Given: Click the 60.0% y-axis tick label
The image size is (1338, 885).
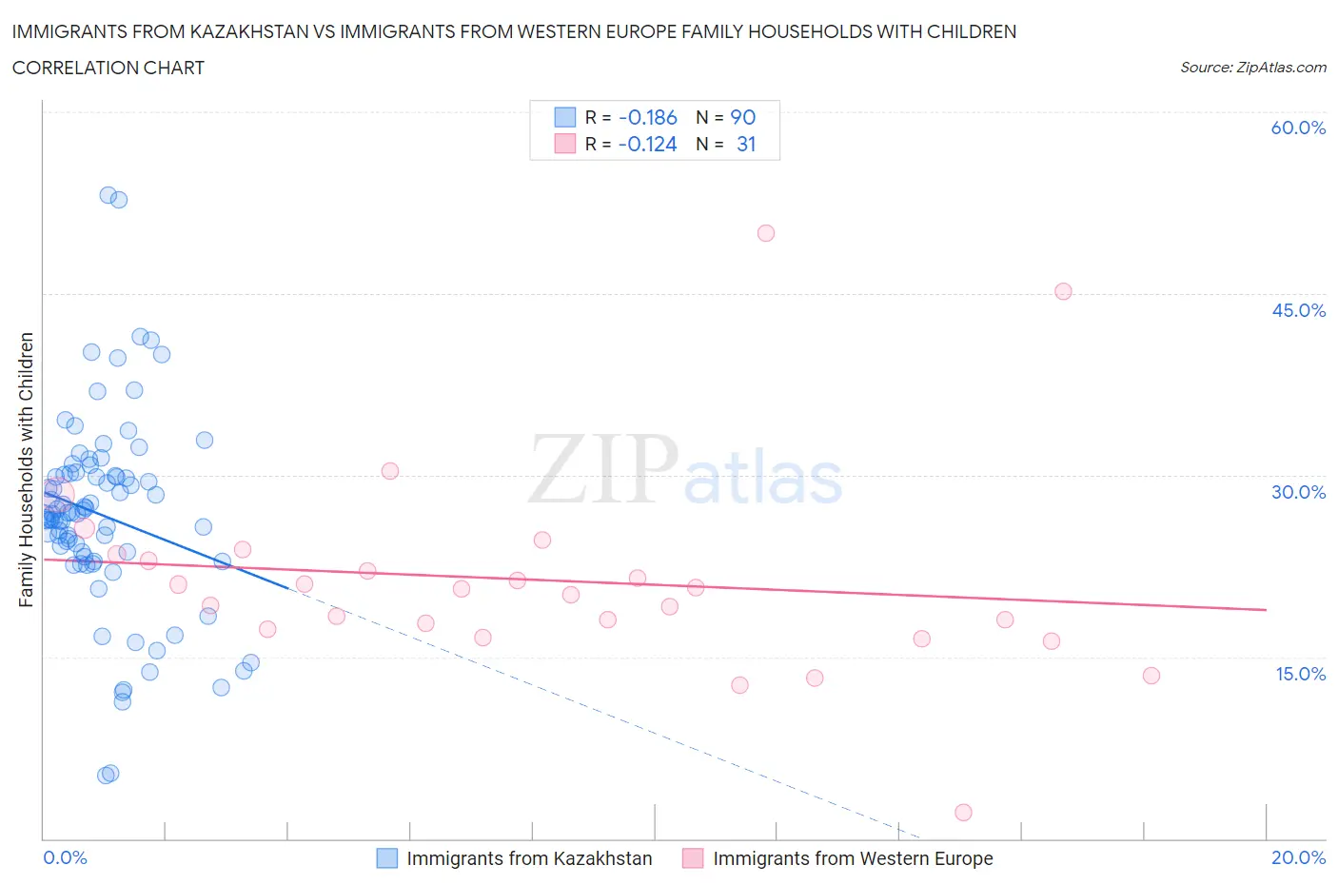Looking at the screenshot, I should [x=1298, y=128].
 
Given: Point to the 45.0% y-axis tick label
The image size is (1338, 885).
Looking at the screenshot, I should [x=1298, y=310].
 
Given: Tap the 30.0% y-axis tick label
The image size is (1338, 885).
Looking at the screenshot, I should [x=1298, y=492].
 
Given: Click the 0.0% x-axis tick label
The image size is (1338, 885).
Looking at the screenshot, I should [x=66, y=857].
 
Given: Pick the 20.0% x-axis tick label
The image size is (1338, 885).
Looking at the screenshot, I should [x=1298, y=857].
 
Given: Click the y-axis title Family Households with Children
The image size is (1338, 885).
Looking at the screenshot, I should [x=27, y=469].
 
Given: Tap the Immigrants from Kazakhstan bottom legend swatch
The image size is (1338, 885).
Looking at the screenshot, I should [x=386, y=858].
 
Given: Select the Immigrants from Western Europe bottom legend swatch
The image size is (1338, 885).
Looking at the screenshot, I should [x=693, y=858].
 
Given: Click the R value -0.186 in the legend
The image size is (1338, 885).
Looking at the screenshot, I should [x=647, y=117].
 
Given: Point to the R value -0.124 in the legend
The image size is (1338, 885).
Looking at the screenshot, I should [x=647, y=144].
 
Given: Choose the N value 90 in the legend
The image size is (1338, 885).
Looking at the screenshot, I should [x=742, y=117].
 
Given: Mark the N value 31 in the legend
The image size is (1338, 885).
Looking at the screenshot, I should [x=746, y=144].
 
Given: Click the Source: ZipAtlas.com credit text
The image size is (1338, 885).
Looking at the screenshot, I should [x=1252, y=68].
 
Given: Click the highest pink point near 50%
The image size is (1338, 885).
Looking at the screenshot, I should [x=766, y=233].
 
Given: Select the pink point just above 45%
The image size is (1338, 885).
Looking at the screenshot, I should [x=1063, y=292].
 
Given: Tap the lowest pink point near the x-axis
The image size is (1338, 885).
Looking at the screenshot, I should [x=963, y=813].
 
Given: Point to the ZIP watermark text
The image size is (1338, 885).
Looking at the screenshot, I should [x=603, y=469].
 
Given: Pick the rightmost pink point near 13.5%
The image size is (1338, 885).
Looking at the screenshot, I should [x=1151, y=676].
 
